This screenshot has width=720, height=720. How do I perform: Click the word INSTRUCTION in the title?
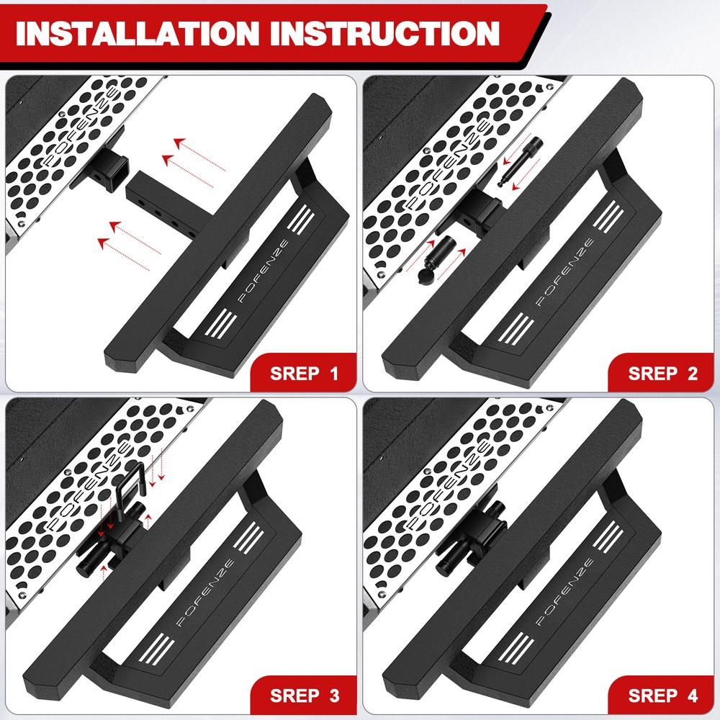pyautogui.click(x=389, y=34)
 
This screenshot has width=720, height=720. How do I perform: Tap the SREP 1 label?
pyautogui.click(x=304, y=374)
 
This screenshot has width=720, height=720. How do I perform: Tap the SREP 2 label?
pyautogui.click(x=662, y=374)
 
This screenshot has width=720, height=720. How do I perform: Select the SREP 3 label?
pyautogui.click(x=304, y=696)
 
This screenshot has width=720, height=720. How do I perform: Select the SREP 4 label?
pyautogui.click(x=662, y=696)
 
